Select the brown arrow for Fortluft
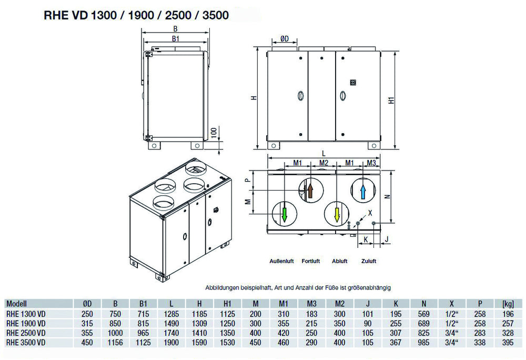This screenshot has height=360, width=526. (310, 189)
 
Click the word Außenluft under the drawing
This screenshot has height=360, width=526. (281, 261)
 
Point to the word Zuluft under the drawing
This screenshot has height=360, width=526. (369, 261)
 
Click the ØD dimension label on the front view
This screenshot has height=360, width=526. (284, 38)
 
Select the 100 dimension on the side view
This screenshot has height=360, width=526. (214, 132)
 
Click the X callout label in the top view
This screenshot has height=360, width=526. (370, 214)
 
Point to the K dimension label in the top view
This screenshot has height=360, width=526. (365, 238)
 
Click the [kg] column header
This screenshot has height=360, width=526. (508, 304)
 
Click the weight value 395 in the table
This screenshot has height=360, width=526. (508, 343)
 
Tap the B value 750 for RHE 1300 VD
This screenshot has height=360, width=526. (116, 314)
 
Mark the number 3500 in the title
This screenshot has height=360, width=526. (213, 15)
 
